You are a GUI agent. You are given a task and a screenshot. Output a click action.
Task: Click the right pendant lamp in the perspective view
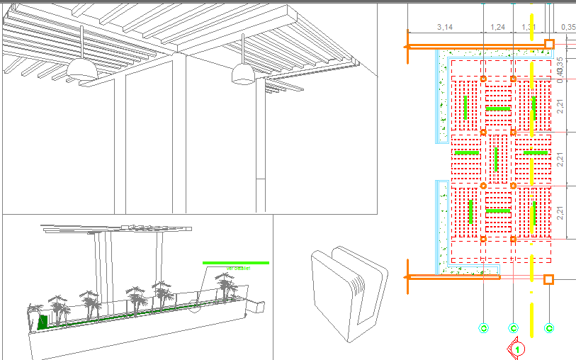[243, 73]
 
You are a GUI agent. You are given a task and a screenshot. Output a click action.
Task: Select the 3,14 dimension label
[445, 27]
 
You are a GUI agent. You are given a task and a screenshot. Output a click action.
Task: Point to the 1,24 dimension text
[497, 27]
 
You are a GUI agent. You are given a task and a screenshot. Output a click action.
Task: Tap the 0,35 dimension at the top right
[568, 27]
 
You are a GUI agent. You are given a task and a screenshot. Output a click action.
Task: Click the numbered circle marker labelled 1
[517, 349]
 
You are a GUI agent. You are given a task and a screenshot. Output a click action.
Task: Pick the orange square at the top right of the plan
[548, 44]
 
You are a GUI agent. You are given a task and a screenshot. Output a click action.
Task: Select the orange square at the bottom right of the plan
[548, 279]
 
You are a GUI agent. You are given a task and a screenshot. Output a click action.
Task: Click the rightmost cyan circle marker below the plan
[548, 328]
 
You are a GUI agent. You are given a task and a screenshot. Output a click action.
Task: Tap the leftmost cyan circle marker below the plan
[483, 328]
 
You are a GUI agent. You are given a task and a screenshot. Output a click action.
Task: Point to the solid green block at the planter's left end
[42, 322]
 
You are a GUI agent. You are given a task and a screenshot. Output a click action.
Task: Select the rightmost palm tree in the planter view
[225, 287]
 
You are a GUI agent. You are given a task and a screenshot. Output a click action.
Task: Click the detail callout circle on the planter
[195, 306]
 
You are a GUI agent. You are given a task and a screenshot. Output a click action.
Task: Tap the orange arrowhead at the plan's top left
[408, 47]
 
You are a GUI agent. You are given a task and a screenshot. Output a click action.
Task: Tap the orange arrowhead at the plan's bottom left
[408, 275]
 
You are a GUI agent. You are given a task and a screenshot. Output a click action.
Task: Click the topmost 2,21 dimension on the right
[560, 106]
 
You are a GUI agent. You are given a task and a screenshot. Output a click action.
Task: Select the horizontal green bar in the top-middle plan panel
[498, 108]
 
